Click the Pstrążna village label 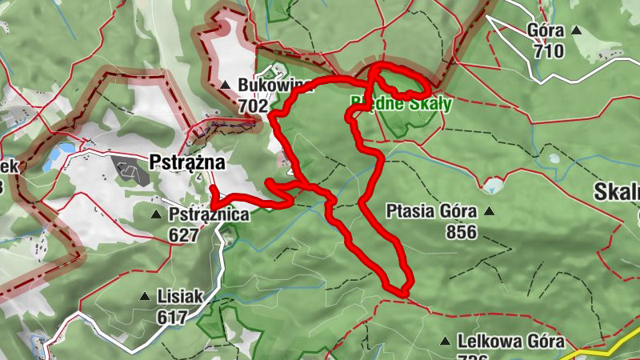[x=188, y=162]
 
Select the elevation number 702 [x=253, y=104]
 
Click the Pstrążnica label [x=209, y=214]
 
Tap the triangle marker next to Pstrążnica [x=157, y=214]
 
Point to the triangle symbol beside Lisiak [x=146, y=297]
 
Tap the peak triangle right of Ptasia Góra [x=488, y=212]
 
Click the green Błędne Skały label [x=401, y=103]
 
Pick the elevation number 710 [x=550, y=52]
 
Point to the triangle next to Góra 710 [x=576, y=32]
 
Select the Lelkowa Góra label [x=511, y=341]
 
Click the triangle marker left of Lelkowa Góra [x=446, y=341]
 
